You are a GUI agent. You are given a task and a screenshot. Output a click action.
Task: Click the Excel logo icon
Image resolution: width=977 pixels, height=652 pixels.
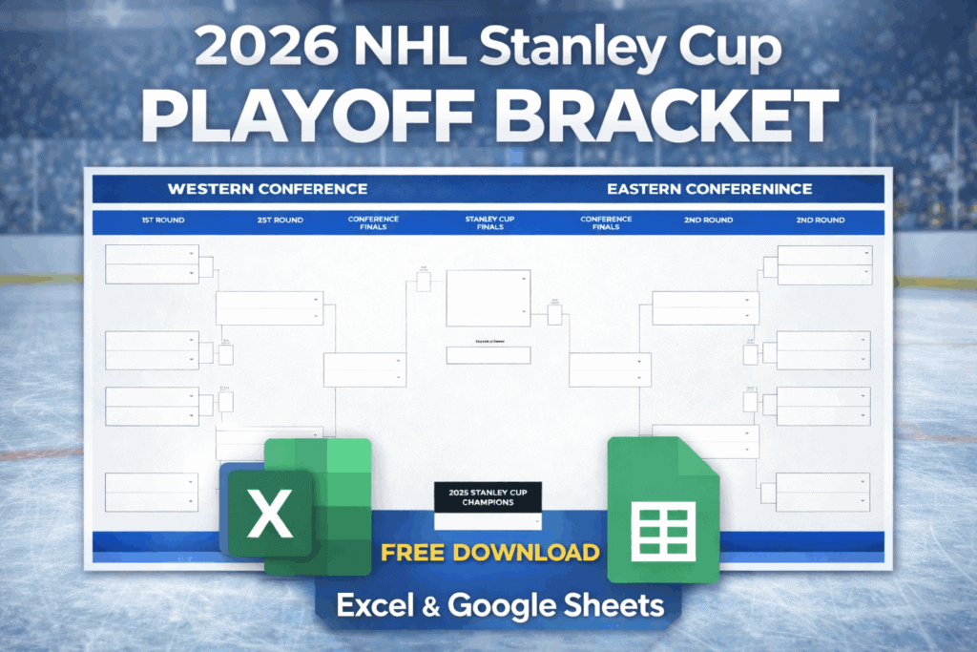(x=296, y=508)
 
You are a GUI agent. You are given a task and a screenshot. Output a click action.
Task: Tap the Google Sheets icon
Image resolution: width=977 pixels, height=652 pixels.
(x=664, y=510)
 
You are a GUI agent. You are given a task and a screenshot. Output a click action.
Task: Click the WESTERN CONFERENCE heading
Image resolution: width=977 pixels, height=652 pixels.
(x=266, y=189)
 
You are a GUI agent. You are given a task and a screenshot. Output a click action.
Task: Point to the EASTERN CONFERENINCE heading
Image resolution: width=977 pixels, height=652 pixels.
(x=709, y=189)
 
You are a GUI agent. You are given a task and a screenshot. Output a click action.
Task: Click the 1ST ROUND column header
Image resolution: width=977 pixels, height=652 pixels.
(x=163, y=221)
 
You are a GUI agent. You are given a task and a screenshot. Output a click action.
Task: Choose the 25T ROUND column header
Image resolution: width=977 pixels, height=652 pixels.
(x=281, y=221)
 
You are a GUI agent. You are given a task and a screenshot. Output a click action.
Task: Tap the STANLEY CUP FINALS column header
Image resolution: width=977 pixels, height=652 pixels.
(x=489, y=223)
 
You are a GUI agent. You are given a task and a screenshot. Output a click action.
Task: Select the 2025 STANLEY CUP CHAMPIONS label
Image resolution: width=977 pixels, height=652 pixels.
(x=488, y=496)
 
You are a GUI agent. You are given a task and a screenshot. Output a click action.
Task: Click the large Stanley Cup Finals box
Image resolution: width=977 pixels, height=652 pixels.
(x=488, y=298)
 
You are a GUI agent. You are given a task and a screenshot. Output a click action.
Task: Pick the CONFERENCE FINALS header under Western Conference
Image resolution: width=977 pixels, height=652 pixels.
(x=373, y=223)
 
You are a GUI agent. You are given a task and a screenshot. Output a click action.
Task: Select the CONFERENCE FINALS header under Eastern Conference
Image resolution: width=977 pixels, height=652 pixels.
(x=606, y=223)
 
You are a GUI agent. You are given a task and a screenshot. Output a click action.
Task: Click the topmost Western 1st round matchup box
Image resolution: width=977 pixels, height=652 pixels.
(x=152, y=264)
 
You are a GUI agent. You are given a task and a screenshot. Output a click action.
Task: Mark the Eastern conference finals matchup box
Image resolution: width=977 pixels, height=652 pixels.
(x=610, y=369)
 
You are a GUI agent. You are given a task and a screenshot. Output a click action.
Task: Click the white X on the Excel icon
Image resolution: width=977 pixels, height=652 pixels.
(x=269, y=515)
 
